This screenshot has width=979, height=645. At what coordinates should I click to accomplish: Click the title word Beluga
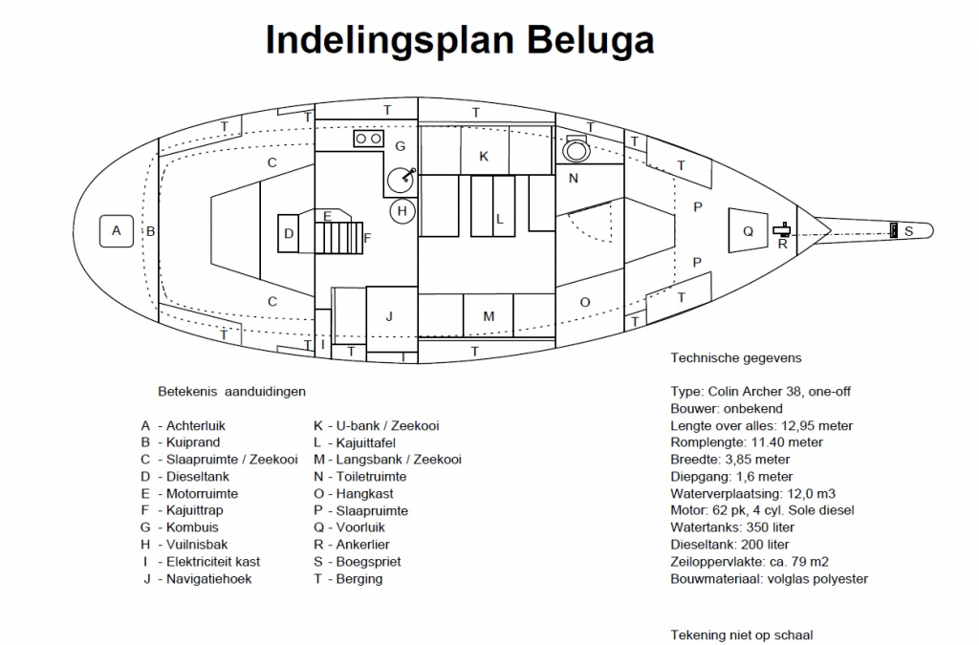(x=589, y=40)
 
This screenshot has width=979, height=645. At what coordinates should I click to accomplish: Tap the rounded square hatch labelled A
(x=116, y=230)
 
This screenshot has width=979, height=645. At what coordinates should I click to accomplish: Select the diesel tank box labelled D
(x=289, y=233)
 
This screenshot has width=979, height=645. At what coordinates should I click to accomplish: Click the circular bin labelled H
(x=402, y=211)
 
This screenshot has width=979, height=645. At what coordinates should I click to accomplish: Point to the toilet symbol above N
(x=577, y=149)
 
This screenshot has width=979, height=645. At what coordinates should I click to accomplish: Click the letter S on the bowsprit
(x=908, y=231)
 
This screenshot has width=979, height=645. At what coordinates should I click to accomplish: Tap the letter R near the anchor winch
(x=782, y=244)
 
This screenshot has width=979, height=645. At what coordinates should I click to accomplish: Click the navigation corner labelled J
(x=389, y=315)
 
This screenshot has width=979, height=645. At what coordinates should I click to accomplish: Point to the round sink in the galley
(x=402, y=179)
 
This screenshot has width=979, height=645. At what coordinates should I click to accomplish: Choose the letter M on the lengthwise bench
(x=488, y=316)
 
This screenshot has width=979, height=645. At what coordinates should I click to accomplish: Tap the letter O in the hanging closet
(x=585, y=302)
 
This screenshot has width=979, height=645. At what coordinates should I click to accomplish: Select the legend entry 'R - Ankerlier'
(x=356, y=545)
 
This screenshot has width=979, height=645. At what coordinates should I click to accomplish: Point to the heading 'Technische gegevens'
(x=735, y=358)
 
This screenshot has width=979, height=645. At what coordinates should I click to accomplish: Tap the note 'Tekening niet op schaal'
(x=742, y=634)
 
